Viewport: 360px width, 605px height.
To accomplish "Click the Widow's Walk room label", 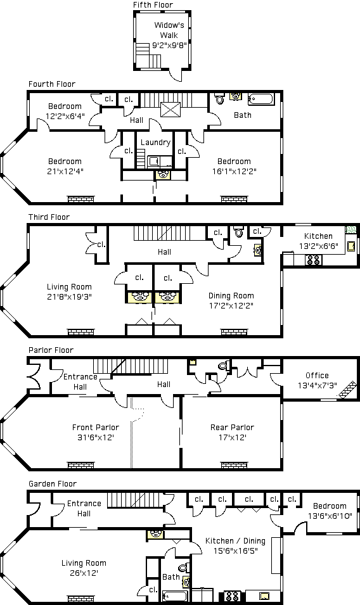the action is (x=169, y=30).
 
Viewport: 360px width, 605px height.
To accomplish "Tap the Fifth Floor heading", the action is (x=153, y=4).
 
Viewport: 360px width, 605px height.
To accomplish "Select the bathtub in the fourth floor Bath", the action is (x=261, y=99).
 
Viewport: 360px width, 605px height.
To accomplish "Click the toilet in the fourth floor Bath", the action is (x=220, y=98).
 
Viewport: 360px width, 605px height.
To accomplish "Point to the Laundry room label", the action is (x=155, y=143).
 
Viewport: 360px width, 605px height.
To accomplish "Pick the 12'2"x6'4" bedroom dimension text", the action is (x=65, y=116).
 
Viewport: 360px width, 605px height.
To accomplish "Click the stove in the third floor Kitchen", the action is (x=313, y=260).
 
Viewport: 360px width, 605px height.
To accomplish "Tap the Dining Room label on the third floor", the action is (x=231, y=296).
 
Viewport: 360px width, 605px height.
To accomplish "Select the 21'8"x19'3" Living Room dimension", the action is (x=69, y=296).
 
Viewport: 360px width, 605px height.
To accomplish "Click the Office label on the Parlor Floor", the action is (x=317, y=376).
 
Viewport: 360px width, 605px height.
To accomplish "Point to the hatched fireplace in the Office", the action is (x=348, y=389).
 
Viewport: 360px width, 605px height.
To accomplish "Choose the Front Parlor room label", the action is (x=96, y=427).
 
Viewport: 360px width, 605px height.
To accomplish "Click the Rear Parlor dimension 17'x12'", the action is (x=232, y=437).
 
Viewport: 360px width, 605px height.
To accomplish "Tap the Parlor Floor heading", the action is (x=51, y=350).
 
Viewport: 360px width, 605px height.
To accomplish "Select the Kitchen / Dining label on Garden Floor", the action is (x=235, y=541).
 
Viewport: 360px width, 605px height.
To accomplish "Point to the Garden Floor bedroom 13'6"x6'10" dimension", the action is (x=330, y=516).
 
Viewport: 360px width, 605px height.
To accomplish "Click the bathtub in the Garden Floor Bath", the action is (x=175, y=595).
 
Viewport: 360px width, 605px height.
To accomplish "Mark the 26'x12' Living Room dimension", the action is (x=84, y=573).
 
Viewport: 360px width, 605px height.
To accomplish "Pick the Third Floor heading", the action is (x=49, y=217).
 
